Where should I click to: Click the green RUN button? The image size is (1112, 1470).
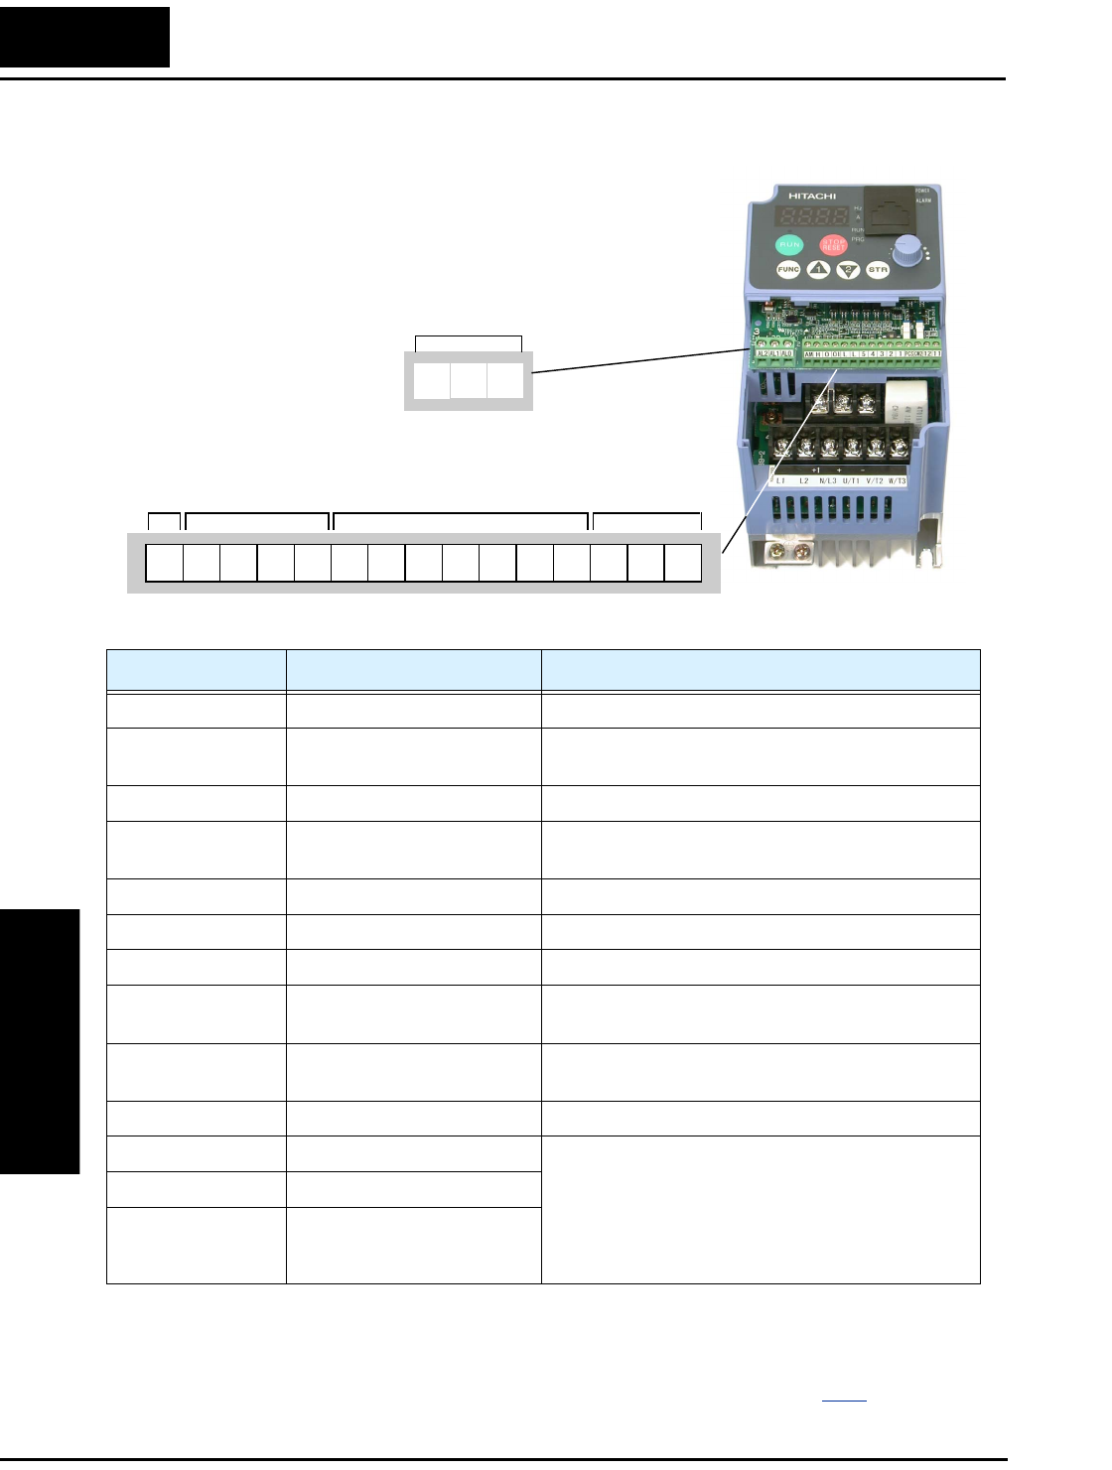(x=789, y=244)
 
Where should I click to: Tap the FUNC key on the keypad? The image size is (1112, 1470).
(x=788, y=269)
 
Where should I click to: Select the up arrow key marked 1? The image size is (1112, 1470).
(x=818, y=269)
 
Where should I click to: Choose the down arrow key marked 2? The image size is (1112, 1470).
(x=848, y=269)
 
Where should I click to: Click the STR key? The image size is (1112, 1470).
(x=878, y=269)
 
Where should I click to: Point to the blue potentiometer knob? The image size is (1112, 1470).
(x=905, y=251)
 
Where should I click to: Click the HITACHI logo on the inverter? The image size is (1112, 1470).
(x=812, y=196)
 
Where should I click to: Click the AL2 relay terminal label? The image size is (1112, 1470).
(x=763, y=353)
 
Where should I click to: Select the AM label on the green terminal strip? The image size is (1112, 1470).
(x=808, y=353)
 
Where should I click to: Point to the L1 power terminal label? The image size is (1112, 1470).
(x=780, y=480)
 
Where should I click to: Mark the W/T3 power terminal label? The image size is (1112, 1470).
(x=898, y=480)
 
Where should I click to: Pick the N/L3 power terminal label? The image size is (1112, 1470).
(x=828, y=480)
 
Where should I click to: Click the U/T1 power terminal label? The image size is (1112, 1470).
(x=851, y=480)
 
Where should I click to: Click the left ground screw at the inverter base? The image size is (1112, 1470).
(x=777, y=548)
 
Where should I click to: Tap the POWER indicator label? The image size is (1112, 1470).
(x=922, y=191)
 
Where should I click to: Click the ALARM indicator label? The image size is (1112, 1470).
(x=922, y=200)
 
